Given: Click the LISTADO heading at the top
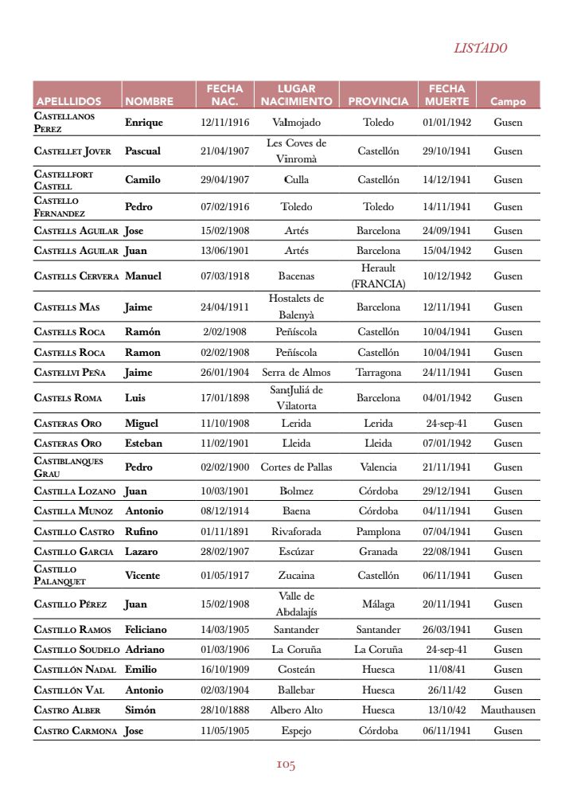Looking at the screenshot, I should (480, 49).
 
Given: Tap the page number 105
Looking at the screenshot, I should (286, 765).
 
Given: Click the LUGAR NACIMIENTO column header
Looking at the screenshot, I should (296, 95).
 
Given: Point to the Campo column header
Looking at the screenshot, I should (508, 102).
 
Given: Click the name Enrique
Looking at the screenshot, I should (144, 123).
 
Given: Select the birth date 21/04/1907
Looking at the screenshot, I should (224, 150).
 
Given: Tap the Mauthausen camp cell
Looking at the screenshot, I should (508, 709).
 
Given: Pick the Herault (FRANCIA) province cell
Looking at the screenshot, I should (378, 276).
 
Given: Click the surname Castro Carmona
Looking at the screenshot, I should (76, 730).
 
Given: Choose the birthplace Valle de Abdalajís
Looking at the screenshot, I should (296, 604).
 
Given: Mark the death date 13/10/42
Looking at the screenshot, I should (446, 709).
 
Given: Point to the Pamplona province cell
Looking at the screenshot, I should (378, 531).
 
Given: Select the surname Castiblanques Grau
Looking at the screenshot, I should (68, 467).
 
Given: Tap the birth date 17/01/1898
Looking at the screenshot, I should (224, 397).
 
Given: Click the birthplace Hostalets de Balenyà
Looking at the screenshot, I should (296, 307).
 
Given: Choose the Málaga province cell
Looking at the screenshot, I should (378, 604).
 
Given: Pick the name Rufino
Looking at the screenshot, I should (142, 531).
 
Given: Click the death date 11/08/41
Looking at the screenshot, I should (446, 670).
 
